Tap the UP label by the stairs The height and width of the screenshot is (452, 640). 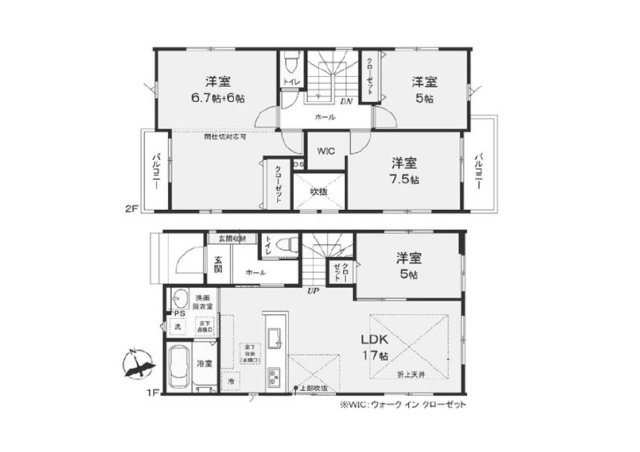click(x=313, y=291)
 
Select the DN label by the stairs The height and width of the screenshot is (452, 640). click(x=346, y=101)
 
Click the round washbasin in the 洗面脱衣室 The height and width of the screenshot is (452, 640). click(x=179, y=299)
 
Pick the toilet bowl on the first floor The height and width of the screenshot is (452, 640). click(x=284, y=245)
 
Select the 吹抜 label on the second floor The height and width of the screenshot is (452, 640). click(x=319, y=191)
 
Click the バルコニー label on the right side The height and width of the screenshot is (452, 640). click(x=481, y=172)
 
